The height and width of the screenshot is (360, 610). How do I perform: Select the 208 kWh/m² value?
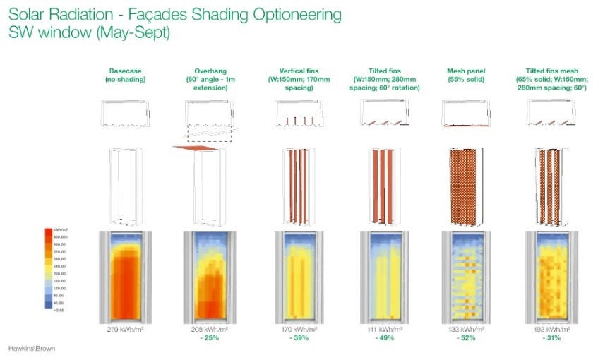(x=208, y=330)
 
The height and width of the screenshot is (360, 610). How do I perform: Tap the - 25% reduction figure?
(x=208, y=338)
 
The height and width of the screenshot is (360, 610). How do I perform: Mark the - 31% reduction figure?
(x=551, y=338)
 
